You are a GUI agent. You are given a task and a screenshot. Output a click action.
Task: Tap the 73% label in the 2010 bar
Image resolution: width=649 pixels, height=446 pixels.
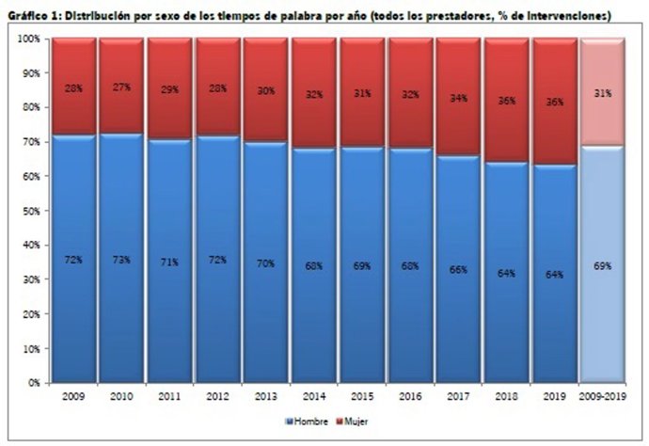click(121, 259)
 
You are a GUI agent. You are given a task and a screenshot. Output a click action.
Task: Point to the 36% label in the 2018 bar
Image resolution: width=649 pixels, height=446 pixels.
click(507, 101)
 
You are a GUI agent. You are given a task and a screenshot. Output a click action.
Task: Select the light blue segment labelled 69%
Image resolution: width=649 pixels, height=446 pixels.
click(603, 266)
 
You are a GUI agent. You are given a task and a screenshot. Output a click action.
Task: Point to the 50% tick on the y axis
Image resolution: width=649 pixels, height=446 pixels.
click(32, 211)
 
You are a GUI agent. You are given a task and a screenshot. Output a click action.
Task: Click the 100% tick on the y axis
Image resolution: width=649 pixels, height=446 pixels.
click(29, 39)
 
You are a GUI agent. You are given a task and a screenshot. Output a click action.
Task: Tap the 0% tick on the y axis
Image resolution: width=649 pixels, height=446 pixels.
click(34, 383)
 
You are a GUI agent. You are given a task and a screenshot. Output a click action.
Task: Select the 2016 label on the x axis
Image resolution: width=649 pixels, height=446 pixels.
click(411, 397)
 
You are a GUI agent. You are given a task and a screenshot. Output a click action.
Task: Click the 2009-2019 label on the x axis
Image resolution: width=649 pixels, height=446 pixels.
click(603, 397)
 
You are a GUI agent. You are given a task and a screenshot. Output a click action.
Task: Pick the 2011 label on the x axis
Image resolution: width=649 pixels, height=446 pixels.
click(170, 397)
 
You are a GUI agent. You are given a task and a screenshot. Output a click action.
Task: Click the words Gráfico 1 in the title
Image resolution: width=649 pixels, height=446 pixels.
click(36, 16)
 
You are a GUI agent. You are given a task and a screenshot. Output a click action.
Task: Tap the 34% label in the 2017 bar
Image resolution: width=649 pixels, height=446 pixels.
click(459, 97)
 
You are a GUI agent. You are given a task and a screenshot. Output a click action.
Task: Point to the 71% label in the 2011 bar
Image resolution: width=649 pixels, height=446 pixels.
click(170, 261)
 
